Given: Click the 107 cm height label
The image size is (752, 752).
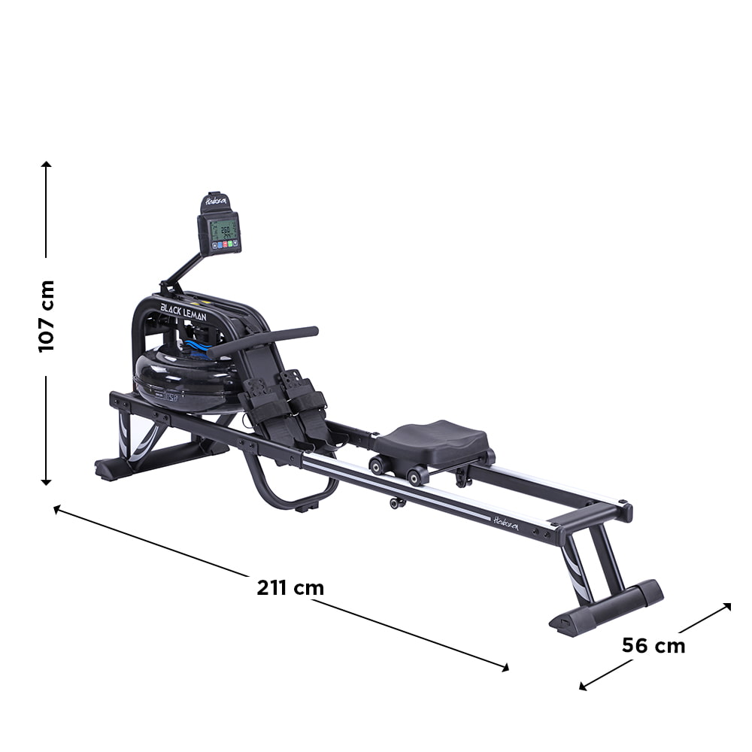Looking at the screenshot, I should coord(47,316).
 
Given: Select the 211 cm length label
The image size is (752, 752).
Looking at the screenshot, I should coord(290,587).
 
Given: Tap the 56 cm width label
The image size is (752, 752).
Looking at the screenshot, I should coord(653,645).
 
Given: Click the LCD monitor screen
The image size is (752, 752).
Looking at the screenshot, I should coord(224,230).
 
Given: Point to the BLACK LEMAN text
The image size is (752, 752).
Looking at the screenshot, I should coord(183,311).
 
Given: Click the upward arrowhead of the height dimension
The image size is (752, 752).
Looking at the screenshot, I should coord(47,165).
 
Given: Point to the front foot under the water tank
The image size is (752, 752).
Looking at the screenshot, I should coord(113,468).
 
